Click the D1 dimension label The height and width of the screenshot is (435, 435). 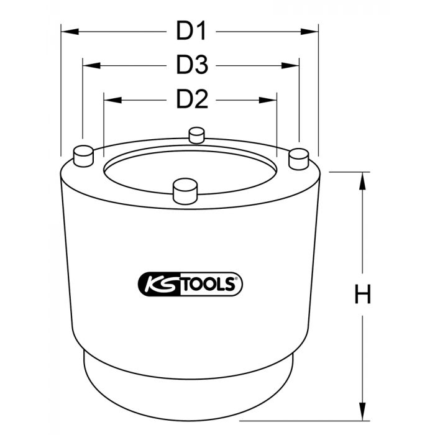point(191,30)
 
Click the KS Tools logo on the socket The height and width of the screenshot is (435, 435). point(189,284)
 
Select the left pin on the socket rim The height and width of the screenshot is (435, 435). point(83,154)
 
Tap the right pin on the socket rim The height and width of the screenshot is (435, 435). point(299,158)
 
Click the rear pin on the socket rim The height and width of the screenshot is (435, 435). point(197,134)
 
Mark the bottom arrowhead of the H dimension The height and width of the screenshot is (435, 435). point(362,411)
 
